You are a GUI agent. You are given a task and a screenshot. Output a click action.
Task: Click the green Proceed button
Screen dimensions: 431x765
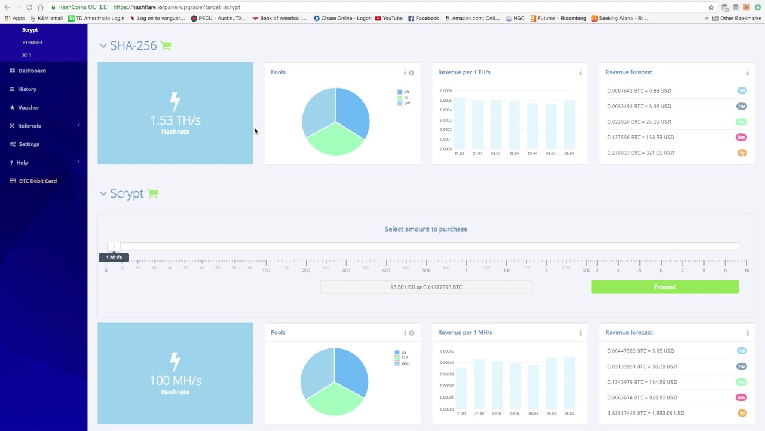click(x=665, y=287)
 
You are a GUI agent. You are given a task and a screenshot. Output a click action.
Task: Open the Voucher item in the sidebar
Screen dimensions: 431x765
click(x=29, y=108)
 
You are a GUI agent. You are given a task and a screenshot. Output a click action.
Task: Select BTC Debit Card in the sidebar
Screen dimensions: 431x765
click(x=38, y=181)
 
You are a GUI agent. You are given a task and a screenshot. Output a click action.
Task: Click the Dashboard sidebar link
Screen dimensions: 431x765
click(x=32, y=71)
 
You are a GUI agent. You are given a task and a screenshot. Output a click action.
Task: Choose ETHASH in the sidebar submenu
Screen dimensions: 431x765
click(x=32, y=43)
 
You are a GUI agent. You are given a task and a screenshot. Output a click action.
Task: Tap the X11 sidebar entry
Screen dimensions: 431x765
click(x=26, y=55)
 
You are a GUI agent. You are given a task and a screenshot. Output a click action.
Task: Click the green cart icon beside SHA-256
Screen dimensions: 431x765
click(x=166, y=46)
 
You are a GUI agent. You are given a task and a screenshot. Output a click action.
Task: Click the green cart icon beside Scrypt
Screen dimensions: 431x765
click(x=153, y=194)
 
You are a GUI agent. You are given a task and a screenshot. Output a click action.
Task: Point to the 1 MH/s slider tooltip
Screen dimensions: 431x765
click(x=114, y=257)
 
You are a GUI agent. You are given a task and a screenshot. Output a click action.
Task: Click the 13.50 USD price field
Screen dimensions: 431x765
click(x=426, y=287)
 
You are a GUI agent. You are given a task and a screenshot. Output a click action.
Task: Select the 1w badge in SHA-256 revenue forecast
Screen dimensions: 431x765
click(x=741, y=107)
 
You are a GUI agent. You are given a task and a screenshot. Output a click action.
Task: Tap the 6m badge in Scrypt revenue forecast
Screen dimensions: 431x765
click(x=741, y=397)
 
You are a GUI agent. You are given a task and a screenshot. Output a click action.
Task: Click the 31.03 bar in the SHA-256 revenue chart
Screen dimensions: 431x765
click(x=459, y=123)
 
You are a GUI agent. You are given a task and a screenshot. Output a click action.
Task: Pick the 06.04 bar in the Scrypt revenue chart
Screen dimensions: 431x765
click(x=569, y=383)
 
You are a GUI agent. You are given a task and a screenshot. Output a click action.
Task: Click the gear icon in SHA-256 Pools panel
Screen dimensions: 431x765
click(x=411, y=73)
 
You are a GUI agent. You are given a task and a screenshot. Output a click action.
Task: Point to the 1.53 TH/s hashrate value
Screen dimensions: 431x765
click(x=175, y=120)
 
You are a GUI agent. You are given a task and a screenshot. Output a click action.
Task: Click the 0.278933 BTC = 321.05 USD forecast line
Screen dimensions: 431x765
click(x=640, y=153)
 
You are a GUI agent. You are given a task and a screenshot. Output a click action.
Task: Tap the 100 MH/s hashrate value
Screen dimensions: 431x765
click(x=175, y=380)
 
